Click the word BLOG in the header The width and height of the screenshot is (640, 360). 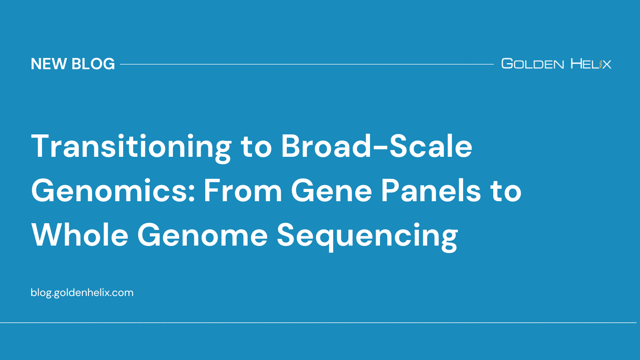click(93, 64)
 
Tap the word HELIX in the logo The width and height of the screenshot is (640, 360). click(591, 64)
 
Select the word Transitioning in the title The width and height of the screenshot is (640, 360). click(131, 147)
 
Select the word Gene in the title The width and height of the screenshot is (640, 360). click(332, 191)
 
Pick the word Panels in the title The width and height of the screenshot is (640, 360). click(430, 191)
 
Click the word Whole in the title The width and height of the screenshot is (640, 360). click(80, 235)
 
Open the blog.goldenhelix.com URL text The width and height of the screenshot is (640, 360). click(82, 292)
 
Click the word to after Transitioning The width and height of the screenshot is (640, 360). click(256, 147)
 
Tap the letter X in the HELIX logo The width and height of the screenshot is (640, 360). click(606, 64)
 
